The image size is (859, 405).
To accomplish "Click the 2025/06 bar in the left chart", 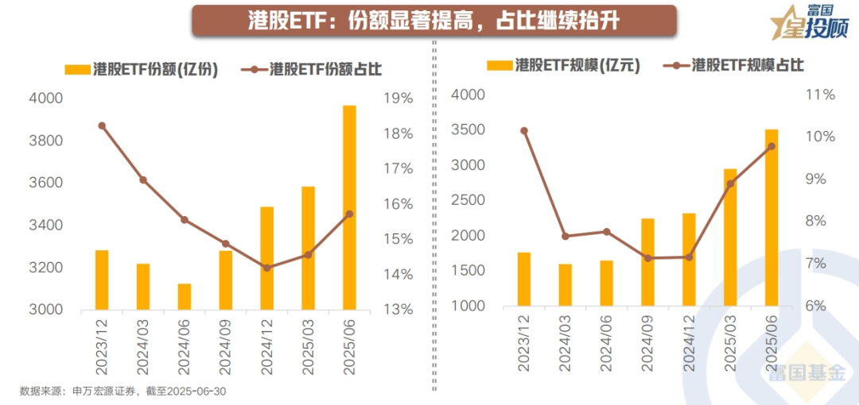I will click(x=349, y=207).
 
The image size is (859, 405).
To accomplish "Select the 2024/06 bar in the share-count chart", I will click(x=184, y=296).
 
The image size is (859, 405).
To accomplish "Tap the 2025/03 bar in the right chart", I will click(x=729, y=237).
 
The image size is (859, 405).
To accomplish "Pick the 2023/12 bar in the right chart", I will click(x=523, y=279).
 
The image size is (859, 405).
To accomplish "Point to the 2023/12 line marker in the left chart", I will click(x=102, y=125).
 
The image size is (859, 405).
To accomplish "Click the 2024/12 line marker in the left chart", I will click(x=266, y=268).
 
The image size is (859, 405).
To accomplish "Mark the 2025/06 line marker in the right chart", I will click(x=771, y=146).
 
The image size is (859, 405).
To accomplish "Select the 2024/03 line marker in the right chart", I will click(x=565, y=237).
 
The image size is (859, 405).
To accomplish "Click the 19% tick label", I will click(x=397, y=98).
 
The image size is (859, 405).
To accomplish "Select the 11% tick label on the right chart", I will click(x=819, y=94).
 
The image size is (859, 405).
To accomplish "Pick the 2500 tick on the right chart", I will click(x=467, y=201).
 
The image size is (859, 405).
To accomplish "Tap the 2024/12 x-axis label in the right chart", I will click(x=688, y=343).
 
